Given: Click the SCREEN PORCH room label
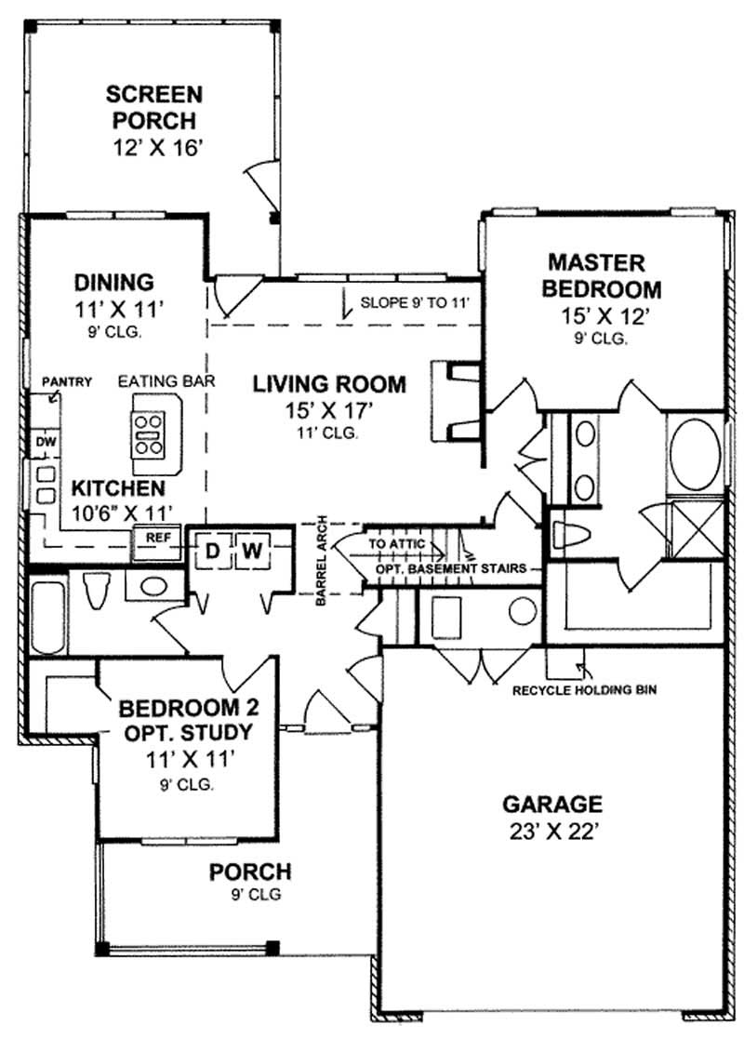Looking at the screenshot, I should (x=153, y=107).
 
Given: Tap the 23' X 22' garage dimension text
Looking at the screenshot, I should (x=552, y=832).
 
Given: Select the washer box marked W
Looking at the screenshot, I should (x=252, y=552).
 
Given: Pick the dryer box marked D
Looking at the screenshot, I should (x=212, y=552).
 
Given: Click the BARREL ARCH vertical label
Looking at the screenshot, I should (x=320, y=561).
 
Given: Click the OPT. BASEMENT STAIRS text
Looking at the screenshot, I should (x=451, y=567).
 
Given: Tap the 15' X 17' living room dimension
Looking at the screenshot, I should (x=330, y=409).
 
